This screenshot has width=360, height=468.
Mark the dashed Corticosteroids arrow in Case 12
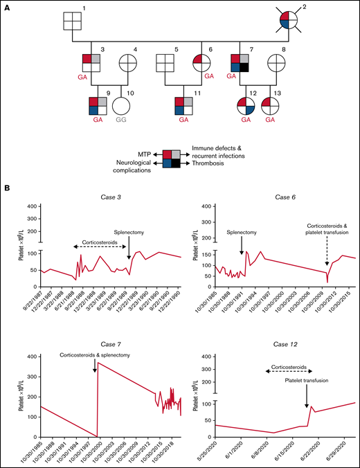point(281,371)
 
